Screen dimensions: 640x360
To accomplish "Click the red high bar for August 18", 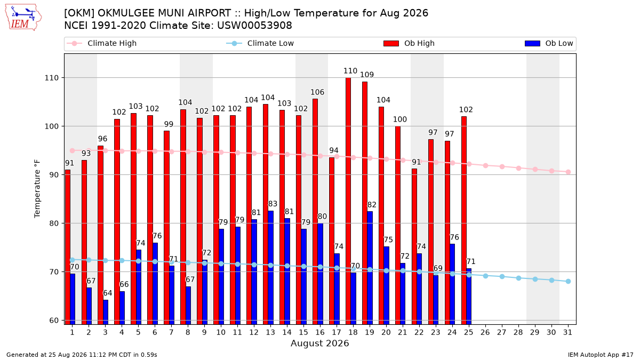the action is (x=348, y=201).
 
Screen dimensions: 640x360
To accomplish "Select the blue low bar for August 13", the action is (x=270, y=268).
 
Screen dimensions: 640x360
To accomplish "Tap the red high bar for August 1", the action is (x=67, y=247).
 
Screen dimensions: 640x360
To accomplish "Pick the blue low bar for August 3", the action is (x=106, y=313).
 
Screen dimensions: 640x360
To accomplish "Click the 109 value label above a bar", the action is (x=367, y=75).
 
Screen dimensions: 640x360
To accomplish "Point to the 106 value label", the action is (x=317, y=92).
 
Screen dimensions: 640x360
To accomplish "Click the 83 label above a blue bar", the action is (x=273, y=204).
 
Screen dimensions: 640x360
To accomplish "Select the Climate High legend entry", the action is (x=102, y=43).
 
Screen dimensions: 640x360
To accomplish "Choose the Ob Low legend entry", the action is (x=549, y=43).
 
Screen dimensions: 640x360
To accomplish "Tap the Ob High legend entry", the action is (x=409, y=43).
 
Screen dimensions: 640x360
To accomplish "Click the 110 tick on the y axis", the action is (x=51, y=78).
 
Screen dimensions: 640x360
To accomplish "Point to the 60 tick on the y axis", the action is (x=54, y=321).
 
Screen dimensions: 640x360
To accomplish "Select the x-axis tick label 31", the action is (x=567, y=333).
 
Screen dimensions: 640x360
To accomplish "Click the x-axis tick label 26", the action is (x=485, y=333).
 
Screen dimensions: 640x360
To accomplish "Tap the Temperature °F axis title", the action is (x=37, y=189).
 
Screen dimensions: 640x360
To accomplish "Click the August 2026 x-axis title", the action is (x=319, y=343).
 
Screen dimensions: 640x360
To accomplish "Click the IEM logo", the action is (x=23, y=18).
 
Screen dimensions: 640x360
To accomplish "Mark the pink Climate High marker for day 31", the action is (x=568, y=172).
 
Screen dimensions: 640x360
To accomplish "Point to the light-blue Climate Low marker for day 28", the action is (x=518, y=278).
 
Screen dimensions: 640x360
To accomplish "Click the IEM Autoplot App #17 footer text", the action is (x=601, y=355).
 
